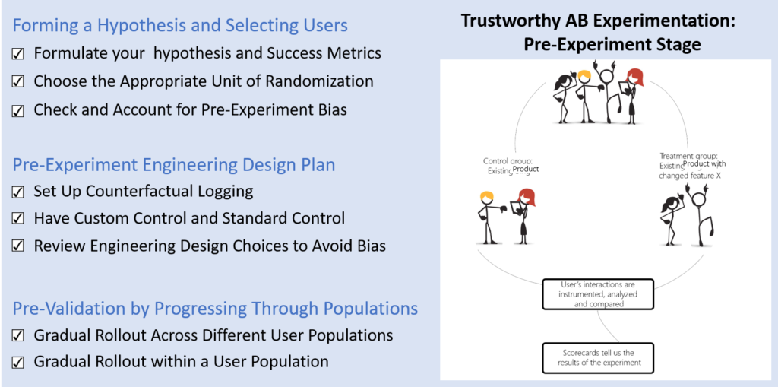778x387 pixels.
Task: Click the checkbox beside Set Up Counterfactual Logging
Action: click(x=19, y=192)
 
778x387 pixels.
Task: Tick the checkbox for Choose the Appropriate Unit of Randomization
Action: click(x=19, y=82)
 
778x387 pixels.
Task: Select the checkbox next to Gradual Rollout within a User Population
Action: click(x=19, y=363)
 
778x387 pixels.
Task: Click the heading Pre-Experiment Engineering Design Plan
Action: click(x=174, y=164)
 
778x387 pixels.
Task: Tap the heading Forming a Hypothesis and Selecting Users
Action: click(x=180, y=25)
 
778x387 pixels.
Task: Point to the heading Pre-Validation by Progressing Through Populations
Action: click(x=215, y=308)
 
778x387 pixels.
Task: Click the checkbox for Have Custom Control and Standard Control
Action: click(x=19, y=219)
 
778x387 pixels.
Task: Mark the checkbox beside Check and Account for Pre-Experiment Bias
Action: click(x=19, y=110)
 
